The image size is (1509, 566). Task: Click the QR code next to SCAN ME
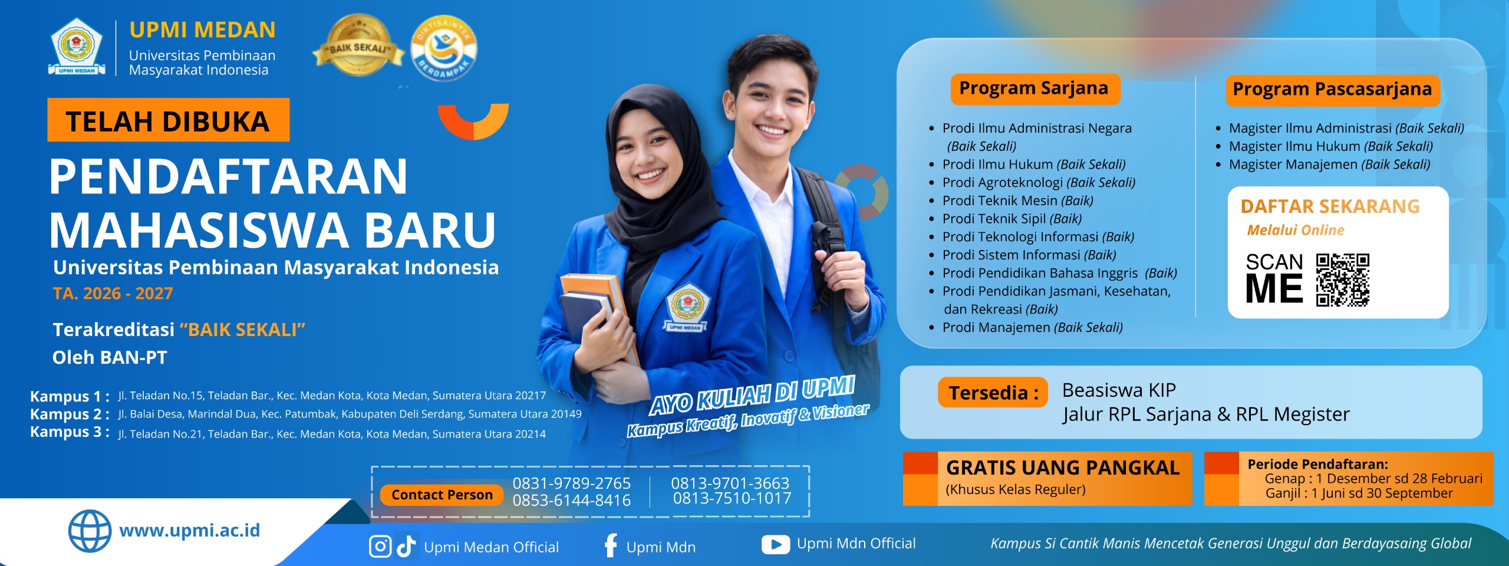[x=1342, y=280]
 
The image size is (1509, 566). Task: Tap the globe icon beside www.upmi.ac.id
[x=90, y=531]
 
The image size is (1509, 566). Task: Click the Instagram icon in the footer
[x=380, y=547]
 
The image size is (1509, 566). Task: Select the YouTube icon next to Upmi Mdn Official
[x=776, y=545]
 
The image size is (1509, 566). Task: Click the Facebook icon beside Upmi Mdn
[x=611, y=545]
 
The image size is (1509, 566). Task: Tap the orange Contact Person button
[x=442, y=495]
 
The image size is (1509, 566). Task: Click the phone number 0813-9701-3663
[x=730, y=483]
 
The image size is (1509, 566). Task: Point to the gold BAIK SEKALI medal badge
[x=358, y=46]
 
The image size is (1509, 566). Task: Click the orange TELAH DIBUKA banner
[x=169, y=120]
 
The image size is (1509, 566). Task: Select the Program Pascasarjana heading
[x=1332, y=90]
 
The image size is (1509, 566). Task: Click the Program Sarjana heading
[x=1034, y=88]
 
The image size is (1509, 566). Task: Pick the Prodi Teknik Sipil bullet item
[x=1012, y=219]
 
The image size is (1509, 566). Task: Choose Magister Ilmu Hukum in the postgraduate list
[x=1330, y=146]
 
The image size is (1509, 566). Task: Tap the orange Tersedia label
[x=993, y=393]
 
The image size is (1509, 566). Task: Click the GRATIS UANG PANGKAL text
[x=1063, y=468]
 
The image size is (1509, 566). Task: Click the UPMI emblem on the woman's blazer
[x=686, y=308]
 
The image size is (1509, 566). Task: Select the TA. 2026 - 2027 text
[x=113, y=294]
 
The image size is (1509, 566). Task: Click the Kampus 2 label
[x=70, y=414]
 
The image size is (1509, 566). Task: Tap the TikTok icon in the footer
[x=406, y=546]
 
